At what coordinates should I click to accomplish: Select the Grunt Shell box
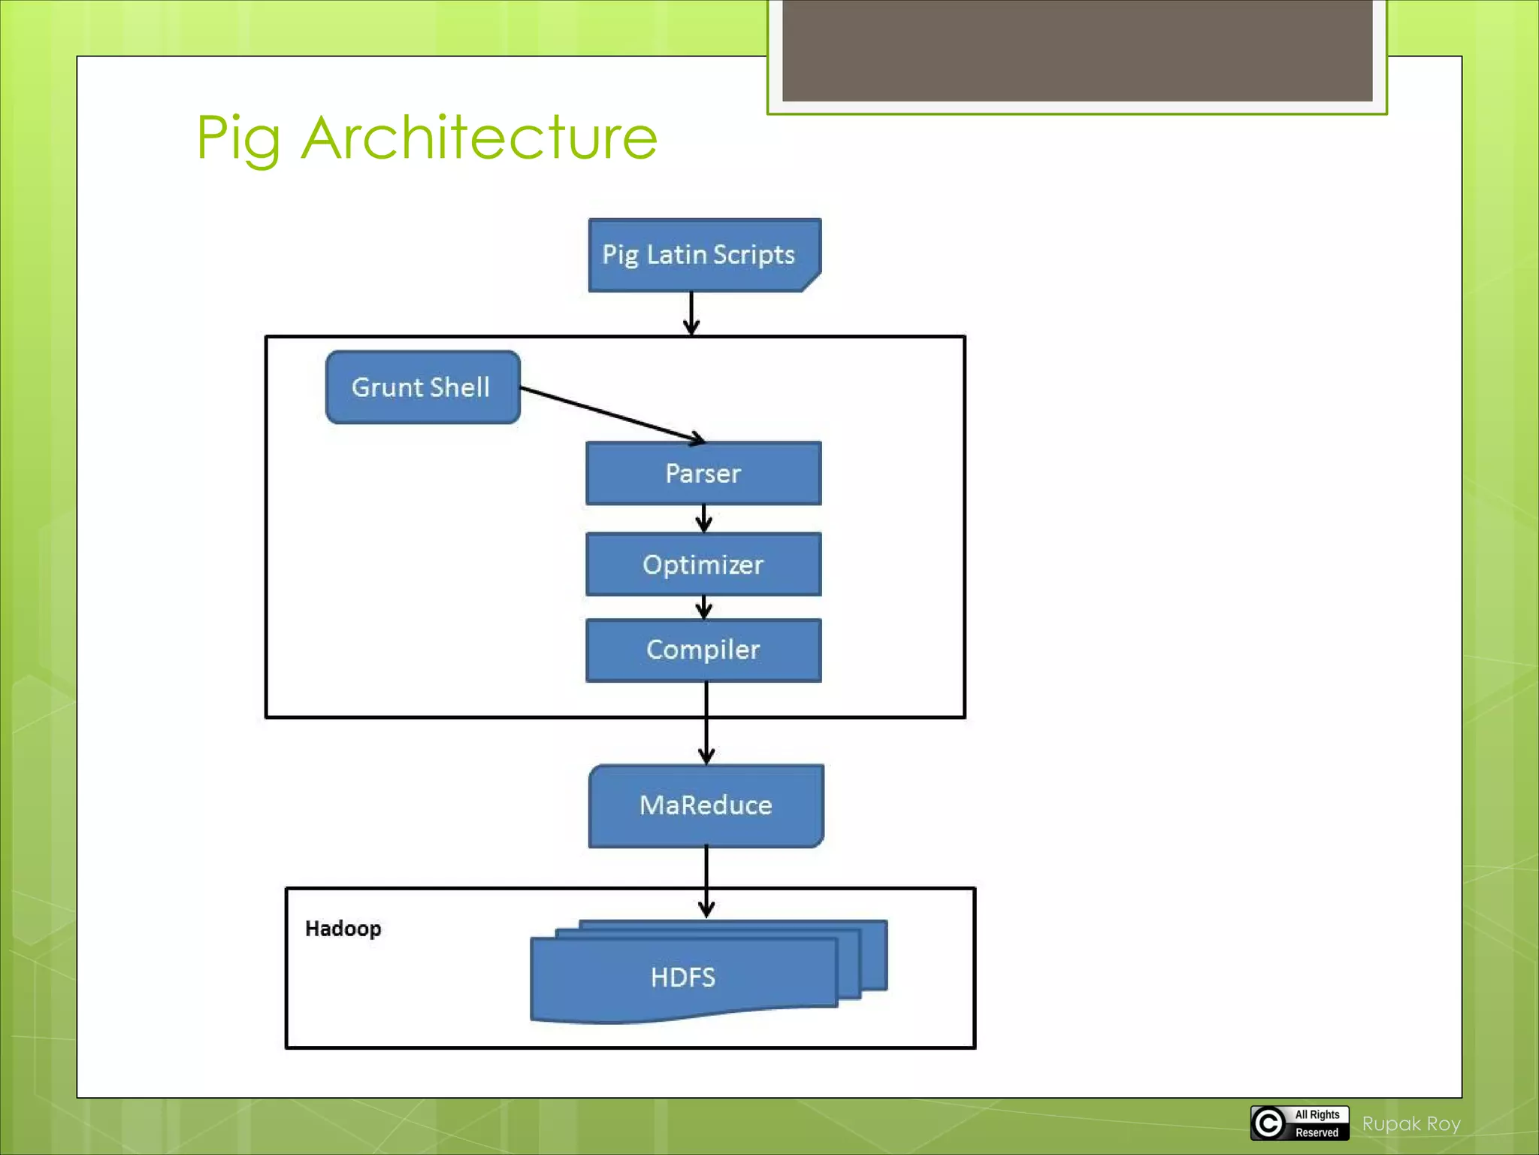click(x=422, y=387)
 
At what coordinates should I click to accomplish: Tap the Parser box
click(x=703, y=473)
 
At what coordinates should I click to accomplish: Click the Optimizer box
click(x=703, y=564)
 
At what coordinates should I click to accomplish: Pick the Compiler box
click(x=703, y=650)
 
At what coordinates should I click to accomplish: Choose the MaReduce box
click(x=706, y=805)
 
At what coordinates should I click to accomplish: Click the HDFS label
click(x=682, y=977)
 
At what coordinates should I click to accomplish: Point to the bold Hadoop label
click(x=343, y=929)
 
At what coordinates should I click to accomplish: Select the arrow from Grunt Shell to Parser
click(x=612, y=414)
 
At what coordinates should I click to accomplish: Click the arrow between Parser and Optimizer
click(x=703, y=519)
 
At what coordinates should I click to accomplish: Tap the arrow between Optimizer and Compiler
click(x=703, y=607)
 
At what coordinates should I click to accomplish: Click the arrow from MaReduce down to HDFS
click(x=706, y=880)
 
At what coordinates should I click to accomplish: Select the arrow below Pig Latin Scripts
click(x=691, y=313)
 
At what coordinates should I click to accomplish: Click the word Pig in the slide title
click(x=238, y=139)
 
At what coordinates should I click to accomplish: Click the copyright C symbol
click(x=1268, y=1123)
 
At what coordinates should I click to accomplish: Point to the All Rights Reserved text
click(x=1317, y=1123)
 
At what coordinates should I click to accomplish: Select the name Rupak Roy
click(x=1410, y=1123)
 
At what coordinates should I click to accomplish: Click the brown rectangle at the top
click(x=1077, y=50)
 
